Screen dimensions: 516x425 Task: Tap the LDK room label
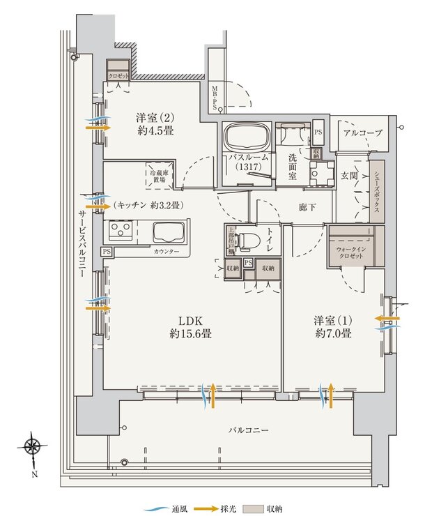click(x=190, y=326)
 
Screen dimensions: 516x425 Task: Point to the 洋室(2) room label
click(x=155, y=123)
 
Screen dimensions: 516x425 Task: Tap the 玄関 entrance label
click(x=348, y=175)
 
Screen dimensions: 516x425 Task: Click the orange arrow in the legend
click(x=205, y=508)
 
